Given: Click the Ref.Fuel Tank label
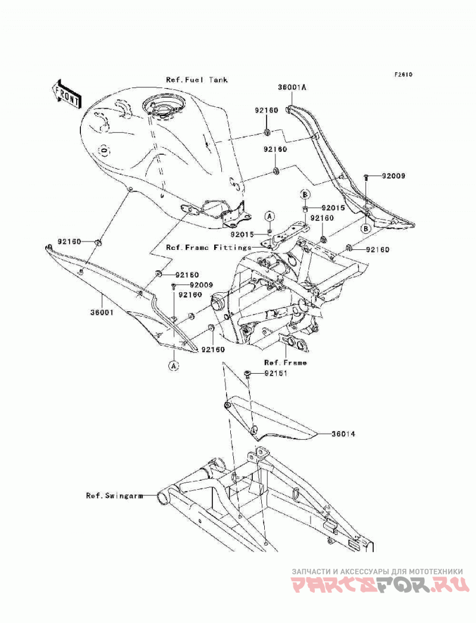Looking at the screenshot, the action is pos(197,80).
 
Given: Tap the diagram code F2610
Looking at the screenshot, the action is pos(403,74).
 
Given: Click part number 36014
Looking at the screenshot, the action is pos(343,434).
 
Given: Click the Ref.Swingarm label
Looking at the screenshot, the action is pos(114,496).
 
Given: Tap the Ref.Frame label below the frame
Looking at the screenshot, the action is pos(285,362).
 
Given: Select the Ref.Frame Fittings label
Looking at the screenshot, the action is pos(209,248).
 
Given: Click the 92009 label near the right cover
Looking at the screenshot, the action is pos(393,176).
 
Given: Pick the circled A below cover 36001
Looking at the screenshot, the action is pos(174,365).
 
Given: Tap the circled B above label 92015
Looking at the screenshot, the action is pos(305,195).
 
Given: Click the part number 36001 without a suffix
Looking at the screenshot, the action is pos(101,312).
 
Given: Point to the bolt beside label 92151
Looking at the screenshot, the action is pos(248,374).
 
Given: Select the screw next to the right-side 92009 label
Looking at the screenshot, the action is pos(367,177).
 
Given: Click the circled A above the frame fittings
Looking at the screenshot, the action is pos(270,216).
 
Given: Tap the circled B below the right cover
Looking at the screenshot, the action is pos(365,228).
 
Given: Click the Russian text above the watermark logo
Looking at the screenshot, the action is pos(377,571).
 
